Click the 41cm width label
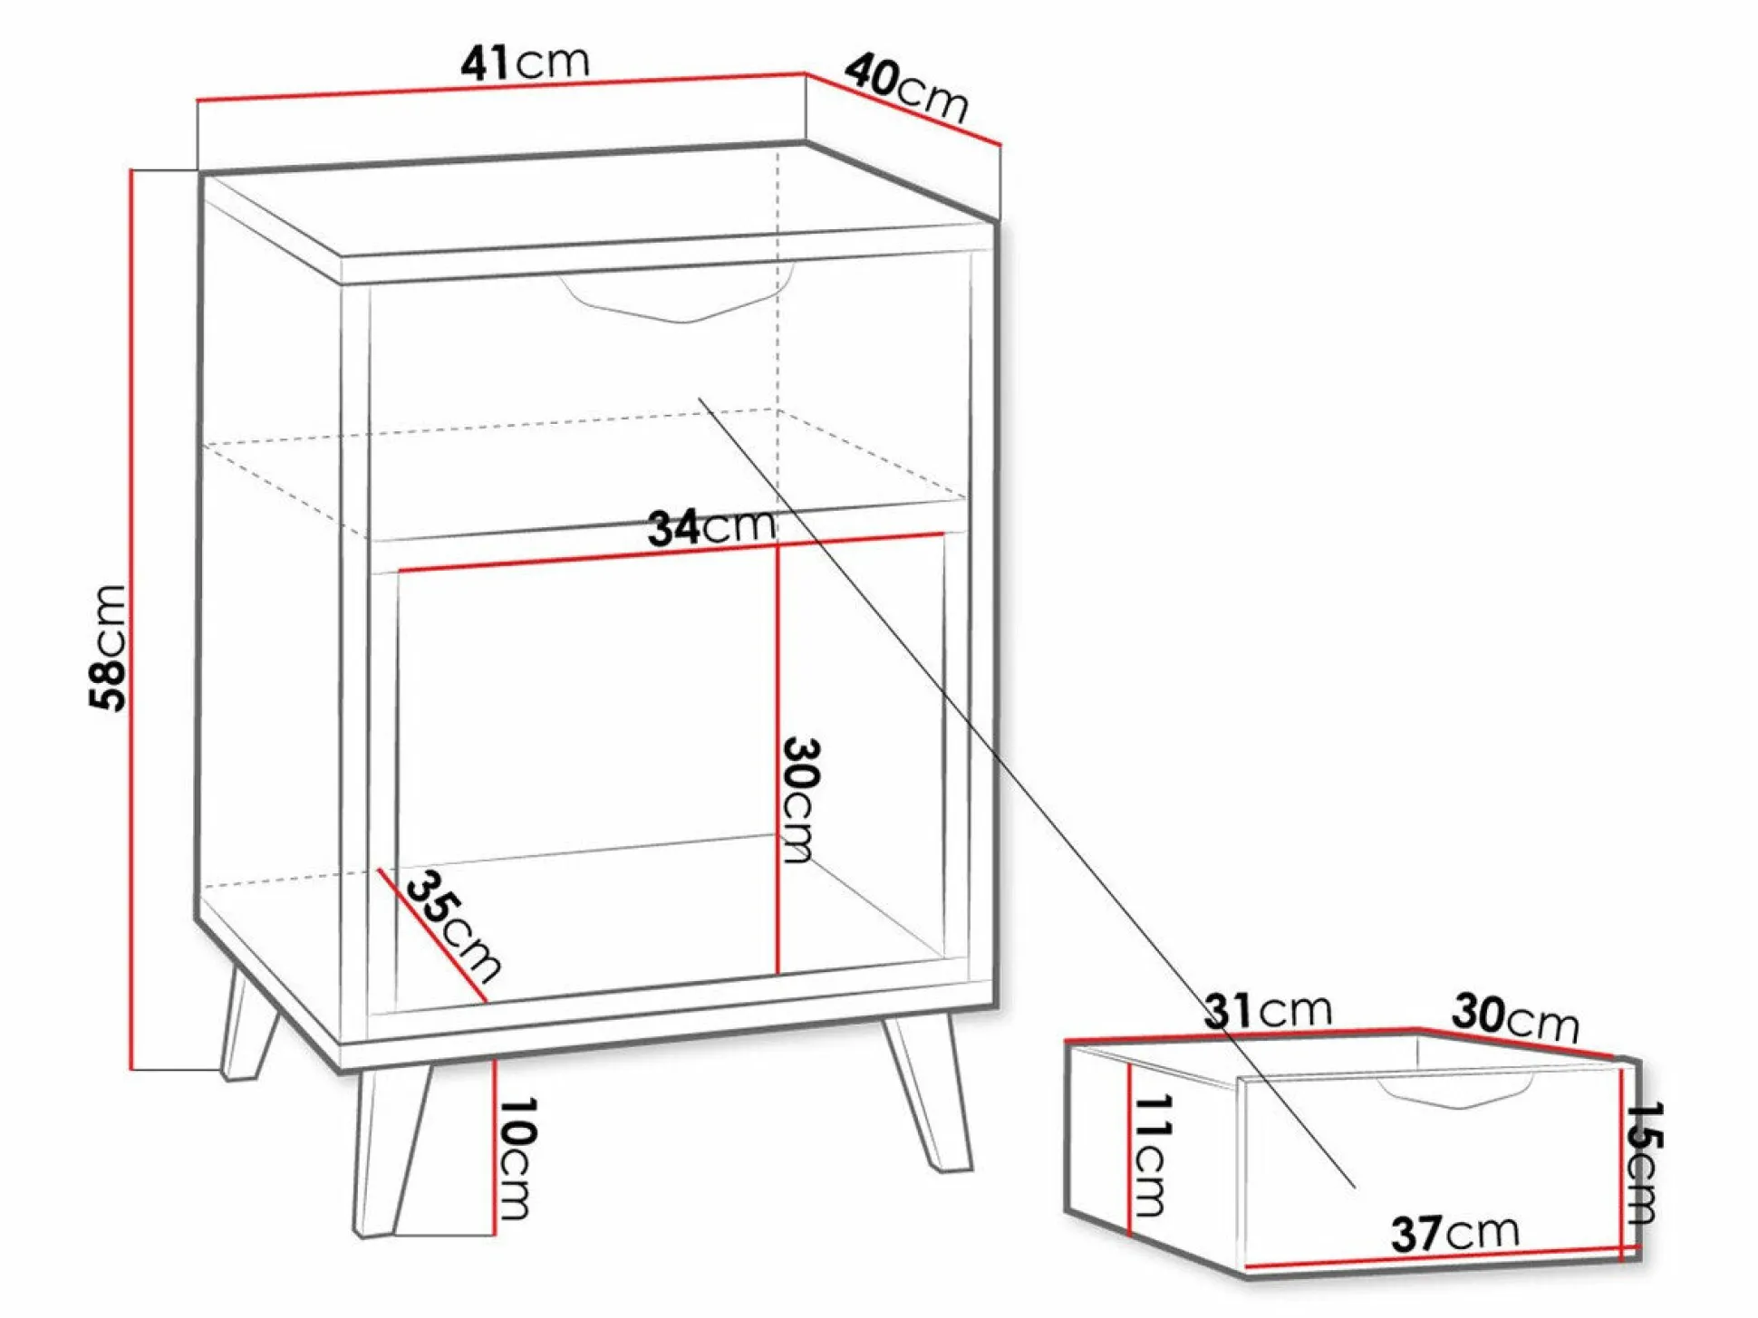click(525, 63)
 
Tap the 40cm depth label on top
click(907, 88)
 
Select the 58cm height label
click(108, 648)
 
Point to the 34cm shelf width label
click(712, 527)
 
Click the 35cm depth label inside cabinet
click(453, 926)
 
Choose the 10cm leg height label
click(517, 1159)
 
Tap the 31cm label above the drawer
click(1268, 1010)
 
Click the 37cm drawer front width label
click(1454, 1233)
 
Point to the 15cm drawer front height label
click(1642, 1162)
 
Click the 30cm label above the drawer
click(1515, 1016)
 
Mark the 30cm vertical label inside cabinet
click(801, 800)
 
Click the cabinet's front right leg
click(928, 1093)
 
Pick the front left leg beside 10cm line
click(391, 1150)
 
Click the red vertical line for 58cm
click(132, 620)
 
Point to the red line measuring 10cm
click(495, 1147)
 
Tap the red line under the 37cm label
click(1443, 1259)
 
